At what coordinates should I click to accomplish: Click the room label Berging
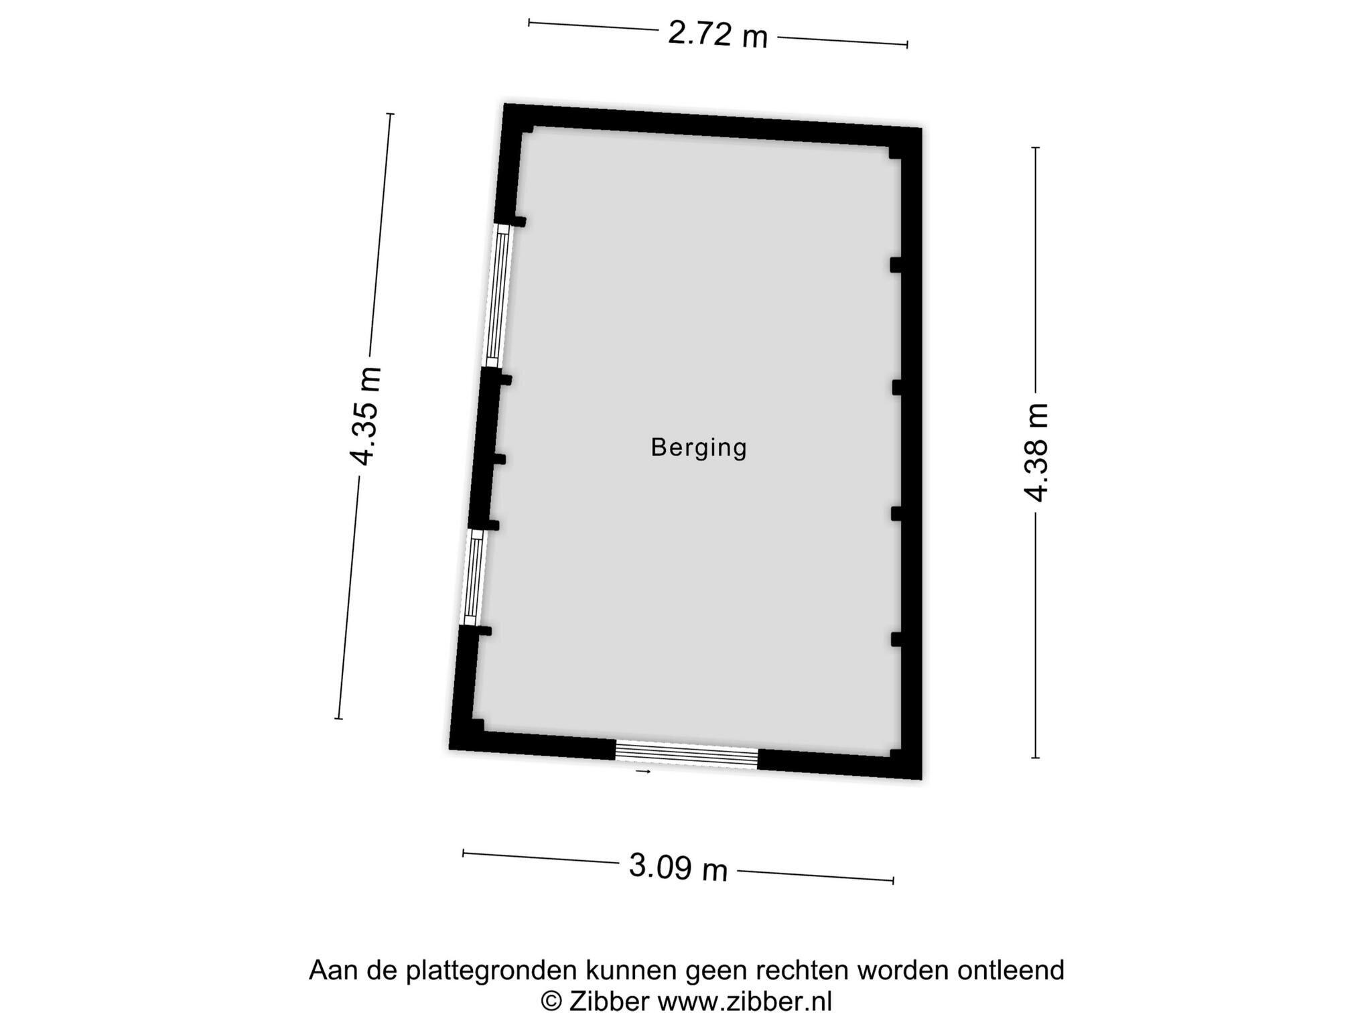pos(699,448)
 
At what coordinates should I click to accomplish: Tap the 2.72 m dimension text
pos(717,34)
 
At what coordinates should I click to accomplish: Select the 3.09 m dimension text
pos(678,868)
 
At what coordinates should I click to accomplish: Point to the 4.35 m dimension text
pos(366,416)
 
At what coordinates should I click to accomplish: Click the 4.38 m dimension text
pos(1036,453)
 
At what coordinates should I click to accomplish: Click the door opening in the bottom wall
pos(686,756)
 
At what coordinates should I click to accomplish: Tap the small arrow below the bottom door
pos(643,772)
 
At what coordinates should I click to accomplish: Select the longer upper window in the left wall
pos(498,295)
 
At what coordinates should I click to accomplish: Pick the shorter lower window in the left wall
pos(474,577)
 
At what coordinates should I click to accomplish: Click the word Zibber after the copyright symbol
pos(609,1002)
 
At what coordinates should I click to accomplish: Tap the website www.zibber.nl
pos(744,1002)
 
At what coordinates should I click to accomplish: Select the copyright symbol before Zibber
pos(551,1002)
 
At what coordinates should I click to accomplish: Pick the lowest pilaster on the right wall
pos(896,639)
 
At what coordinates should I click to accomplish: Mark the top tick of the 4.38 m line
pos(1036,147)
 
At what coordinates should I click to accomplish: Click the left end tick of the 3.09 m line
pos(463,853)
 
